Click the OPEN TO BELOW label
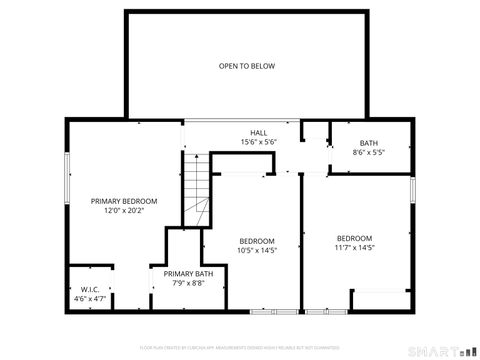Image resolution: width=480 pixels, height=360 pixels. [247, 66]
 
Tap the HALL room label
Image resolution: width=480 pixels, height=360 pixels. [258, 132]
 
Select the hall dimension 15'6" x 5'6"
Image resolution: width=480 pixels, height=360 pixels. [258, 142]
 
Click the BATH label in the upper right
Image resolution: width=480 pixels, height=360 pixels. [369, 143]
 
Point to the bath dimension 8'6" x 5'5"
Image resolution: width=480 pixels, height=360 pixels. [369, 153]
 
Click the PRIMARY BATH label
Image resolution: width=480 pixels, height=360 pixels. [188, 274]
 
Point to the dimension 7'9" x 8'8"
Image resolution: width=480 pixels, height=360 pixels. [188, 284]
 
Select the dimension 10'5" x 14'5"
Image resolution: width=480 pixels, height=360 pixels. [256, 250]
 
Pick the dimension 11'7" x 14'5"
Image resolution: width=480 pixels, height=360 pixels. [354, 247]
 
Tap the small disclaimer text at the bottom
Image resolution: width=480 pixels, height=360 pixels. [240, 347]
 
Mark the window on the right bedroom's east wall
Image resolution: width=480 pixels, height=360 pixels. [412, 190]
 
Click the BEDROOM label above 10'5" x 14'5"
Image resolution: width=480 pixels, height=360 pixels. [256, 240]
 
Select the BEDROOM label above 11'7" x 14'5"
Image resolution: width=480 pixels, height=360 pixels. [354, 237]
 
